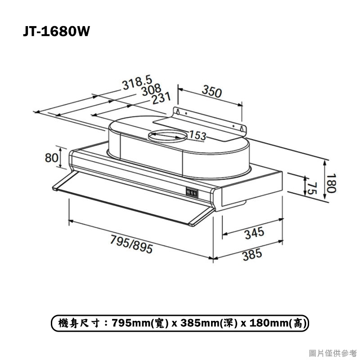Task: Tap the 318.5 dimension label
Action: [x=137, y=84]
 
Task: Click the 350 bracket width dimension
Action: [x=211, y=92]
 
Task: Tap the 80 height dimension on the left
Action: [x=52, y=158]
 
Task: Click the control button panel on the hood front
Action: [x=192, y=193]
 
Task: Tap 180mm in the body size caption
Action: [x=270, y=323]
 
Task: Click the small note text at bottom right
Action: [x=333, y=352]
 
